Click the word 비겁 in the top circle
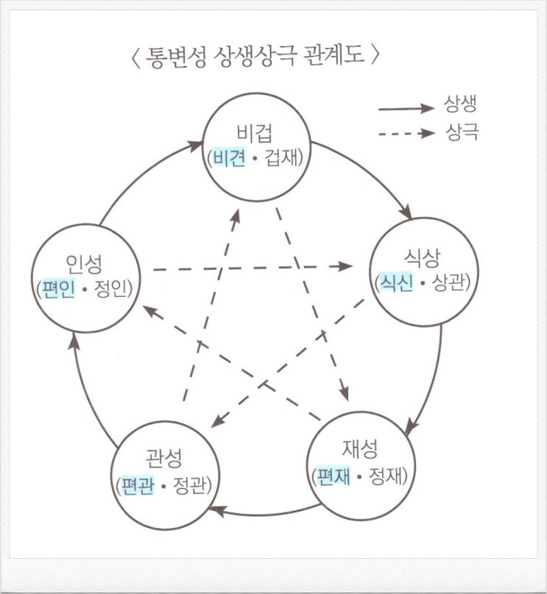pos(254,132)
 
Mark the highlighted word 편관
pos(137,484)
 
